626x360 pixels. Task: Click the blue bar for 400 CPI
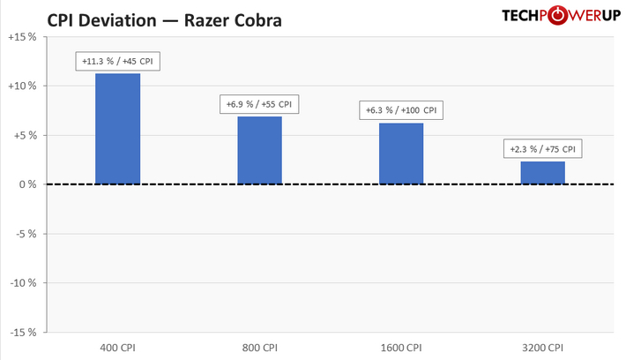[x=117, y=129]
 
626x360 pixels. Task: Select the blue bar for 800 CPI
[x=259, y=150]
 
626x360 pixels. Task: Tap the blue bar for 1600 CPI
[x=401, y=154]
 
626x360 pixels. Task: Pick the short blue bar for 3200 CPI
[x=543, y=173]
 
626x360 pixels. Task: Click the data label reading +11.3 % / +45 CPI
[x=118, y=62]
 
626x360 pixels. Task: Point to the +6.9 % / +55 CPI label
[x=259, y=104]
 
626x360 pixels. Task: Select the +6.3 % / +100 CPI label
[x=401, y=110]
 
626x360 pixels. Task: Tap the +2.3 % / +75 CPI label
[x=543, y=148]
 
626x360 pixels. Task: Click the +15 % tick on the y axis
[x=20, y=37]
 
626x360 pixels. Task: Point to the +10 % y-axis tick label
[x=20, y=86]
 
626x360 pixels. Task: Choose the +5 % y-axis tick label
[x=23, y=135]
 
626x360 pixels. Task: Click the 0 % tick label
[x=26, y=184]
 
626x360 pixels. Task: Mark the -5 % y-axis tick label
[x=24, y=234]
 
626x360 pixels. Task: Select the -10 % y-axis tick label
[x=21, y=283]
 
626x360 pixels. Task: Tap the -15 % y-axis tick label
[x=21, y=333]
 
